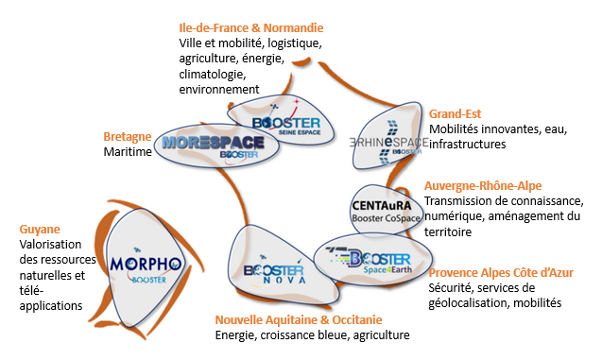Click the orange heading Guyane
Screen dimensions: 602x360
(x=40, y=229)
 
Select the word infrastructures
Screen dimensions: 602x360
(x=468, y=145)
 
